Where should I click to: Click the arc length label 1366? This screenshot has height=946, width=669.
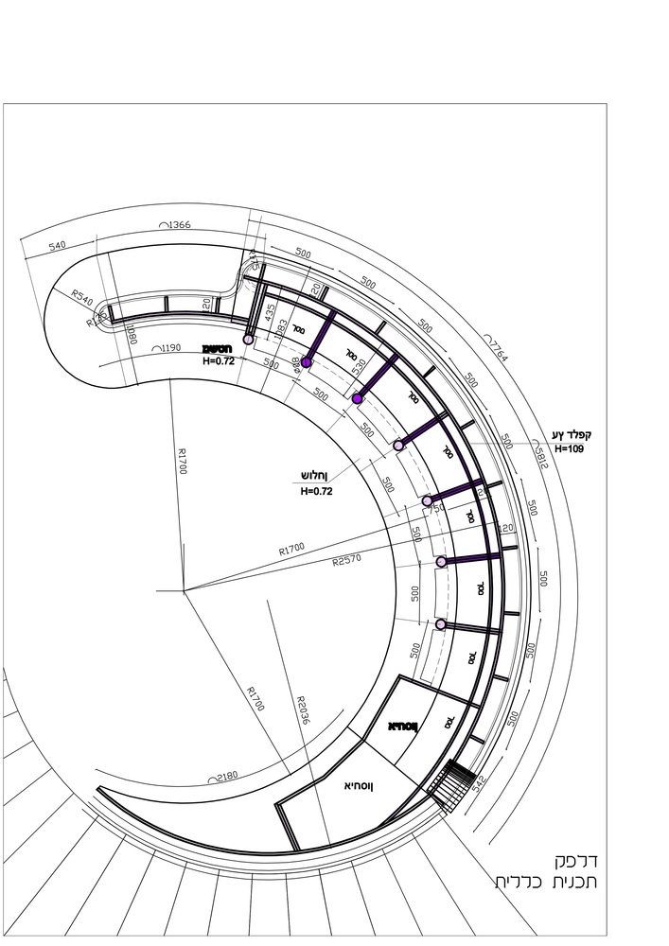(x=176, y=225)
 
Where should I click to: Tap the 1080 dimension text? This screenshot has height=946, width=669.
(x=132, y=333)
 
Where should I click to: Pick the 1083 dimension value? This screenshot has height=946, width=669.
(x=281, y=332)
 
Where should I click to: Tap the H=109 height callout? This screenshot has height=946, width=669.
(x=572, y=448)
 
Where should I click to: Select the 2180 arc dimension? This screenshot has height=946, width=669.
(x=227, y=777)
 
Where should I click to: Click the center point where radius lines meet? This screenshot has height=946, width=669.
(x=184, y=590)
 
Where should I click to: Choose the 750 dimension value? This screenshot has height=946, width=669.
(x=437, y=509)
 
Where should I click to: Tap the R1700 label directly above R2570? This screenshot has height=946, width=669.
(x=291, y=549)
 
